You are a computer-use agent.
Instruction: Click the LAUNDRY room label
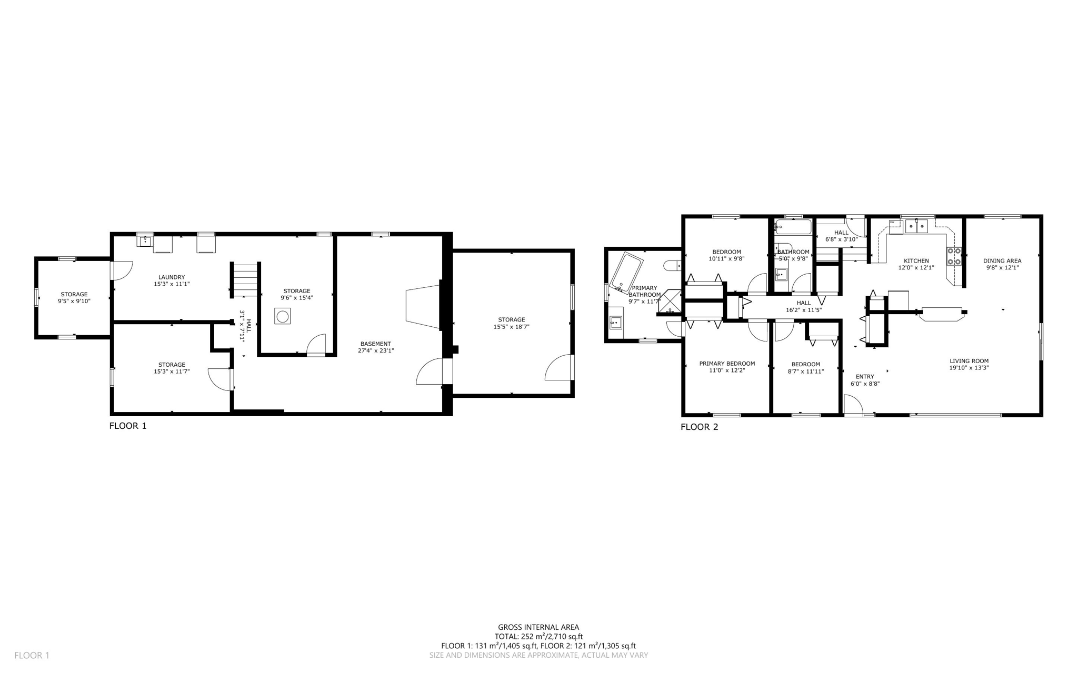click(172, 277)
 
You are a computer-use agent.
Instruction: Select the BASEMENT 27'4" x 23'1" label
click(375, 344)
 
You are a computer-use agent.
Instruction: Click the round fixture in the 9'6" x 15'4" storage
click(283, 317)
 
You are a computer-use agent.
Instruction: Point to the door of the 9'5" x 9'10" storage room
click(121, 270)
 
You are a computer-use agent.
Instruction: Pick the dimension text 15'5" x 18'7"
click(511, 327)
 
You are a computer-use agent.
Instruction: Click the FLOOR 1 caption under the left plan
click(128, 426)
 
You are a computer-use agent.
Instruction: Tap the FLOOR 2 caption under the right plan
click(699, 427)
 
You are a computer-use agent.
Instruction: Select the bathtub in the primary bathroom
click(626, 273)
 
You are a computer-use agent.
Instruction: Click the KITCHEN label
click(916, 261)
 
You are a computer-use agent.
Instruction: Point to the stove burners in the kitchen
click(954, 256)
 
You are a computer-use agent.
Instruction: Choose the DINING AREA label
click(1002, 261)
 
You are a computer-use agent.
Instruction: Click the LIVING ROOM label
click(969, 361)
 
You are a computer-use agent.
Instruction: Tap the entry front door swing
click(852, 406)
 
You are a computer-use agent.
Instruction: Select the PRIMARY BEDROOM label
click(727, 364)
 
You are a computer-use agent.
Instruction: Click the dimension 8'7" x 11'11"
click(805, 371)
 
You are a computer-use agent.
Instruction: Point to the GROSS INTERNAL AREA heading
click(538, 627)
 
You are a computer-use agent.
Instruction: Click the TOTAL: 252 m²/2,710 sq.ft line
click(538, 636)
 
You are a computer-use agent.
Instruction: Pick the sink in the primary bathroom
click(615, 323)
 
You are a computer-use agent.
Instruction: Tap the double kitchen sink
click(916, 227)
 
